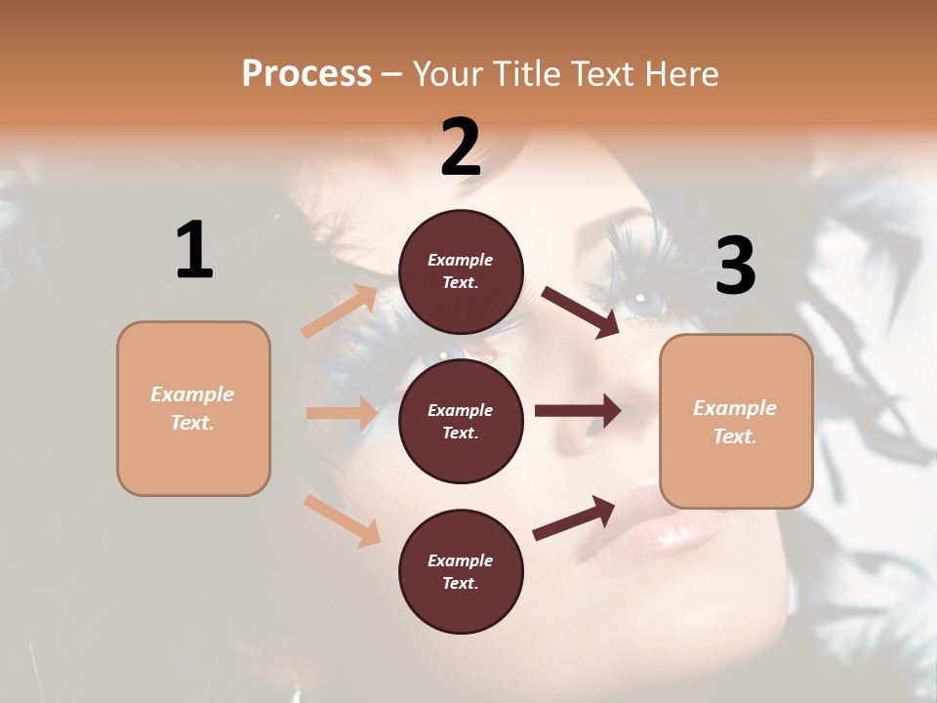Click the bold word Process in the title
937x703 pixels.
click(306, 74)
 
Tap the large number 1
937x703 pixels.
click(194, 250)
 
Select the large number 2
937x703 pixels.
click(461, 147)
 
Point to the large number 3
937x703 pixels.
click(735, 267)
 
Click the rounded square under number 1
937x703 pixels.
click(193, 408)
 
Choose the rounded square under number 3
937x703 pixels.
click(736, 421)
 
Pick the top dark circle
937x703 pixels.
click(461, 271)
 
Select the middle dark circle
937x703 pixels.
click(461, 421)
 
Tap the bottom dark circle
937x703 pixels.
click(461, 571)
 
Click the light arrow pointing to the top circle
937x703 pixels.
click(340, 310)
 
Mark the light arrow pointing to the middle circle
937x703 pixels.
click(342, 413)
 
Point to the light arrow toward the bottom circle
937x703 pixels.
click(342, 519)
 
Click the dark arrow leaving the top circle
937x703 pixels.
click(581, 311)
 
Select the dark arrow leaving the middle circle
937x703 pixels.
click(578, 411)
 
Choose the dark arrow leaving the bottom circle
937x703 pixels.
click(574, 517)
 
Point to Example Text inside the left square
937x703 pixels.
click(192, 408)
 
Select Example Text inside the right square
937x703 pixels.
click(735, 421)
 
